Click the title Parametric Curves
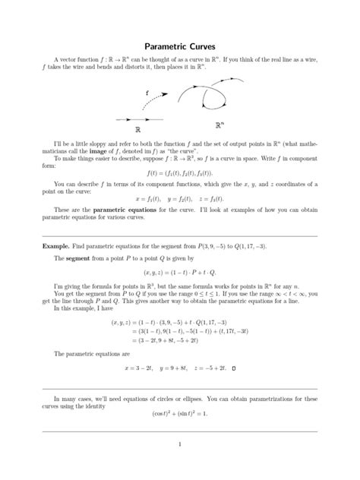coord(180,47)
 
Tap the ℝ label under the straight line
coord(138,130)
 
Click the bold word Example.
coord(56,248)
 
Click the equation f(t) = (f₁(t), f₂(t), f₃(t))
coord(179,172)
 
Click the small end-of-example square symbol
coord(234,369)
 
